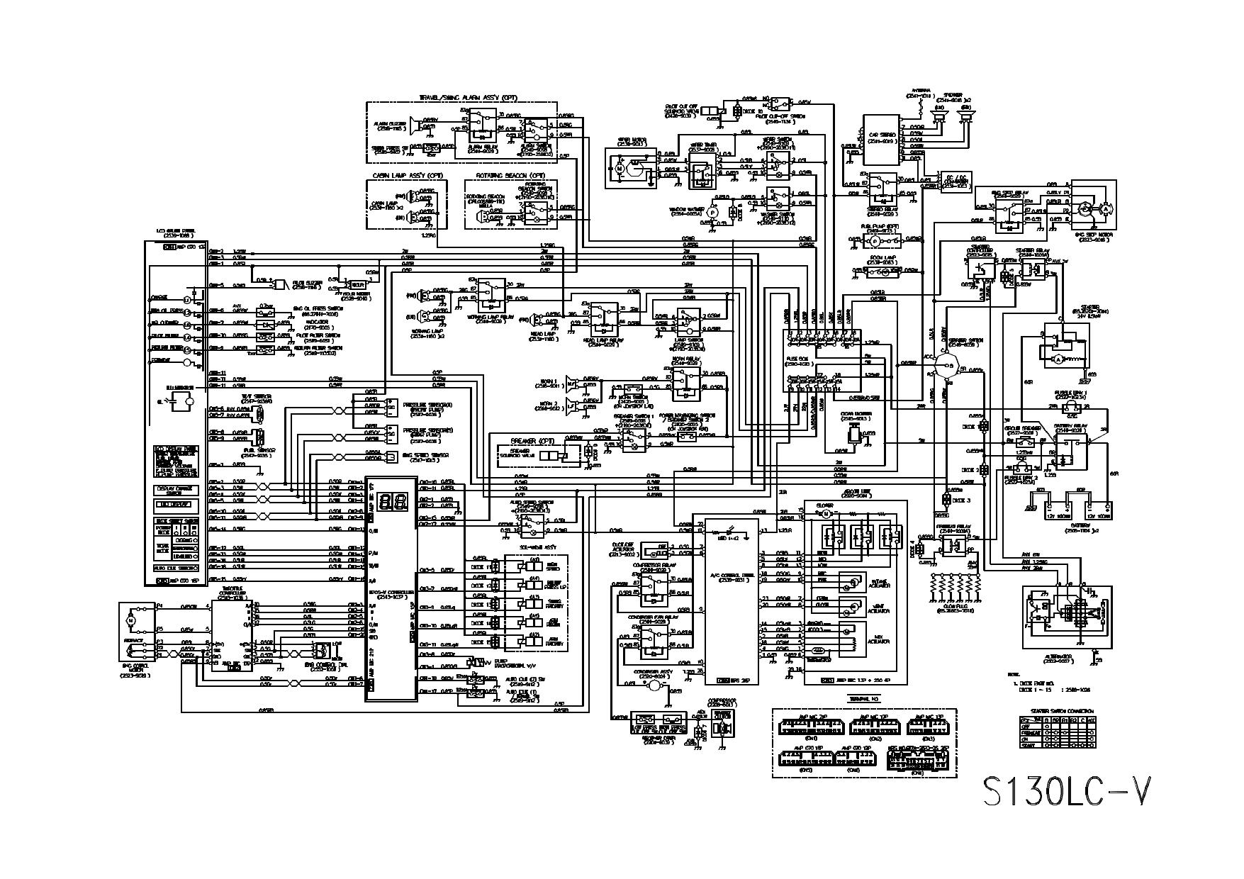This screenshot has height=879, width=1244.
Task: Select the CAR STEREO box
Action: coord(881,138)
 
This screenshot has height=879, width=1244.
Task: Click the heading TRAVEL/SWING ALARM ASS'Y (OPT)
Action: coord(459,96)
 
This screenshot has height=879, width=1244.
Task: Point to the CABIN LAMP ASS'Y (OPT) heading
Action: coord(407,174)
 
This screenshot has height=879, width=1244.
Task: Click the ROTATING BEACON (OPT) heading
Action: coord(510,174)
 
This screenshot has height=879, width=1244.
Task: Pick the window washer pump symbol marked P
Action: coord(714,211)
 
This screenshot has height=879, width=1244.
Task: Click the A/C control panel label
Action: coord(731,578)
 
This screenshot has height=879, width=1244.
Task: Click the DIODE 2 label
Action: coord(969,470)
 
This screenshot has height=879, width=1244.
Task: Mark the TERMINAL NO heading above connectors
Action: coord(863,698)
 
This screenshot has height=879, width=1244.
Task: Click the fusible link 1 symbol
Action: coord(1071,405)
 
